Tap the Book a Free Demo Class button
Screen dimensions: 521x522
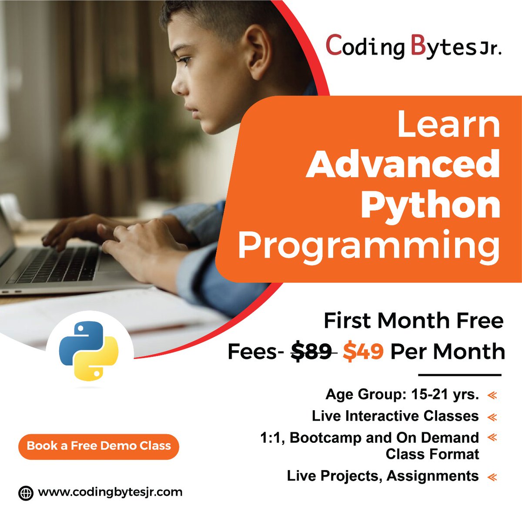click(99, 446)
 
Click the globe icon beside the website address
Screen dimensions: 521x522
click(26, 493)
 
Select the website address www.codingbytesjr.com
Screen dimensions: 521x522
click(110, 492)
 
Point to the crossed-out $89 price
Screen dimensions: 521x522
click(311, 351)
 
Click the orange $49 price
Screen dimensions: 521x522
click(363, 351)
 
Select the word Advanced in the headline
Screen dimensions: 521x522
click(403, 165)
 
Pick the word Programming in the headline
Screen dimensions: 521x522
click(369, 246)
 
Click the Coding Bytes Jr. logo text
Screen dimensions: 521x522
click(413, 47)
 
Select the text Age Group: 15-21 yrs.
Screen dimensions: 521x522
click(402, 395)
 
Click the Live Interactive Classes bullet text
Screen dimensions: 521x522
click(395, 416)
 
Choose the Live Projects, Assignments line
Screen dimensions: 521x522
click(383, 476)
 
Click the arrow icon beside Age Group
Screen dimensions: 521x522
click(492, 395)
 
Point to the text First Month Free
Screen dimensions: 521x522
click(413, 321)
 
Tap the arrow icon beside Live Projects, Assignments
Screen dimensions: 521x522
click(492, 477)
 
